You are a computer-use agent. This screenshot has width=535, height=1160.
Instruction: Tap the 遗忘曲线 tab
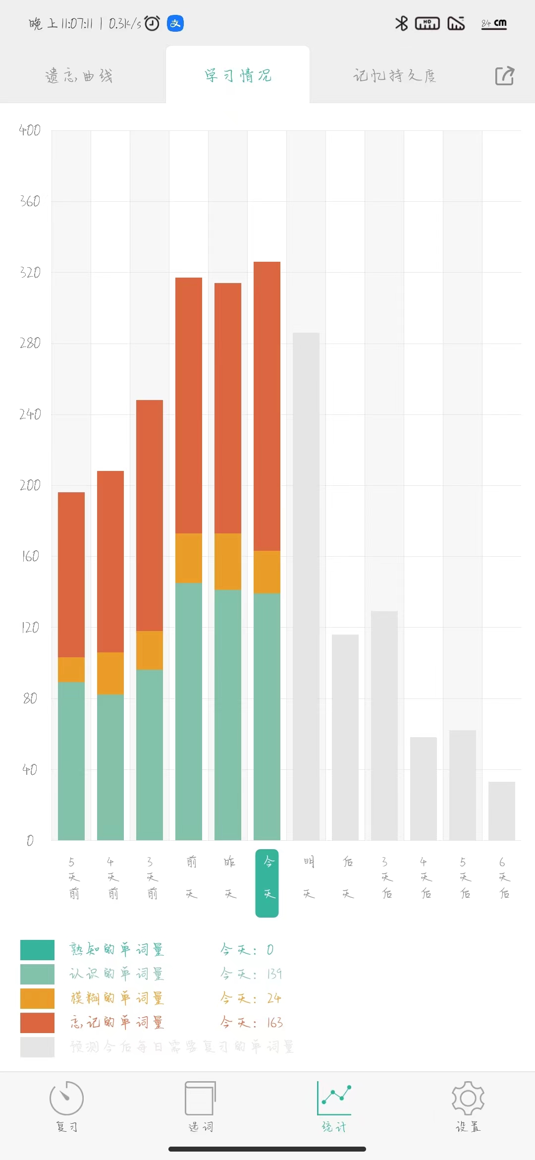[79, 76]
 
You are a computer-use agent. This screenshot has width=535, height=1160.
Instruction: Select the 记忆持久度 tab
[395, 76]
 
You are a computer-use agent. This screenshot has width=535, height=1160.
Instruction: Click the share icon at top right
[505, 76]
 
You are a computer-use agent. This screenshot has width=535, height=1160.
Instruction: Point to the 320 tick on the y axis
[30, 273]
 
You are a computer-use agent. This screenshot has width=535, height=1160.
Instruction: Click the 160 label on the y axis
[30, 556]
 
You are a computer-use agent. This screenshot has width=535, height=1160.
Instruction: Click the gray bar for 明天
[306, 585]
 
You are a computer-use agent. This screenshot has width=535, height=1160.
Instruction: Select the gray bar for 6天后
[502, 811]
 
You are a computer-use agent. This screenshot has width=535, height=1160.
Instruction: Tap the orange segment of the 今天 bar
[267, 572]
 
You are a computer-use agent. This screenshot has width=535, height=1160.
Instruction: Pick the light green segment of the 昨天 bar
[228, 714]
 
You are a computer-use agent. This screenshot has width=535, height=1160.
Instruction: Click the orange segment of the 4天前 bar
[110, 673]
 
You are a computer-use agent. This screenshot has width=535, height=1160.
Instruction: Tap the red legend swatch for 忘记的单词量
[37, 1023]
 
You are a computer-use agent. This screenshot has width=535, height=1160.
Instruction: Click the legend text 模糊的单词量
[117, 998]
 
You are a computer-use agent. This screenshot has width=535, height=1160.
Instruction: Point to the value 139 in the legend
[274, 974]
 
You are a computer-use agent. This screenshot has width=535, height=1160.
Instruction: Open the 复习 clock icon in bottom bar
[66, 1098]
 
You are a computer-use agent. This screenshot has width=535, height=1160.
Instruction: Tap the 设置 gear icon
[468, 1098]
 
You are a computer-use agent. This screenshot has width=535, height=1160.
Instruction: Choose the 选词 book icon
[200, 1098]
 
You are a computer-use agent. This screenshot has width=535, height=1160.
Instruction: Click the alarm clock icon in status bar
[152, 23]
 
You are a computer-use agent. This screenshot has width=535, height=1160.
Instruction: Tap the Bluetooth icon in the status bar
[401, 23]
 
